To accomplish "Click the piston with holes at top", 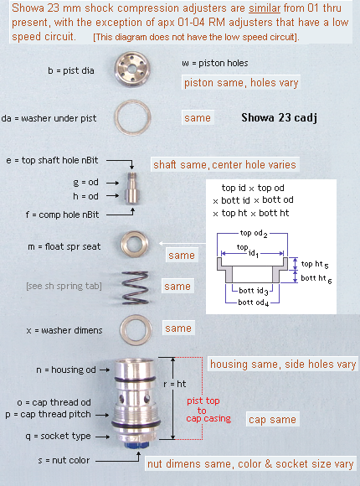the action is coord(132,69).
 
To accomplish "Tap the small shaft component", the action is coord(132,189).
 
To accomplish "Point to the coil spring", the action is coord(135,287).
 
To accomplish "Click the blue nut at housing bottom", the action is coord(136,445).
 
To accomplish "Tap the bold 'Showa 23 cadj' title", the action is coord(279,118).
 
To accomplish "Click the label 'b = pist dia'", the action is coord(71,70).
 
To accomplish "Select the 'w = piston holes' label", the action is coord(215,63).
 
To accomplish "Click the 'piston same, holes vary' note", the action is coord(241,83).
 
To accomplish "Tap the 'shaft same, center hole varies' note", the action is coord(224,164).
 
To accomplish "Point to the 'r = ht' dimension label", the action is coord(175,384).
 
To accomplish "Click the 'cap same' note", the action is coord(273,419).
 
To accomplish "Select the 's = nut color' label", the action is coord(64,460).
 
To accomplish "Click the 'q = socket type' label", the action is coord(59,436).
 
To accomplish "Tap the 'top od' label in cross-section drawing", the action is coord(254,234).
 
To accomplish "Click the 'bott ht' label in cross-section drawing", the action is coord(316,279).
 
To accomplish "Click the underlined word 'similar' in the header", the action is coord(265,8).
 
